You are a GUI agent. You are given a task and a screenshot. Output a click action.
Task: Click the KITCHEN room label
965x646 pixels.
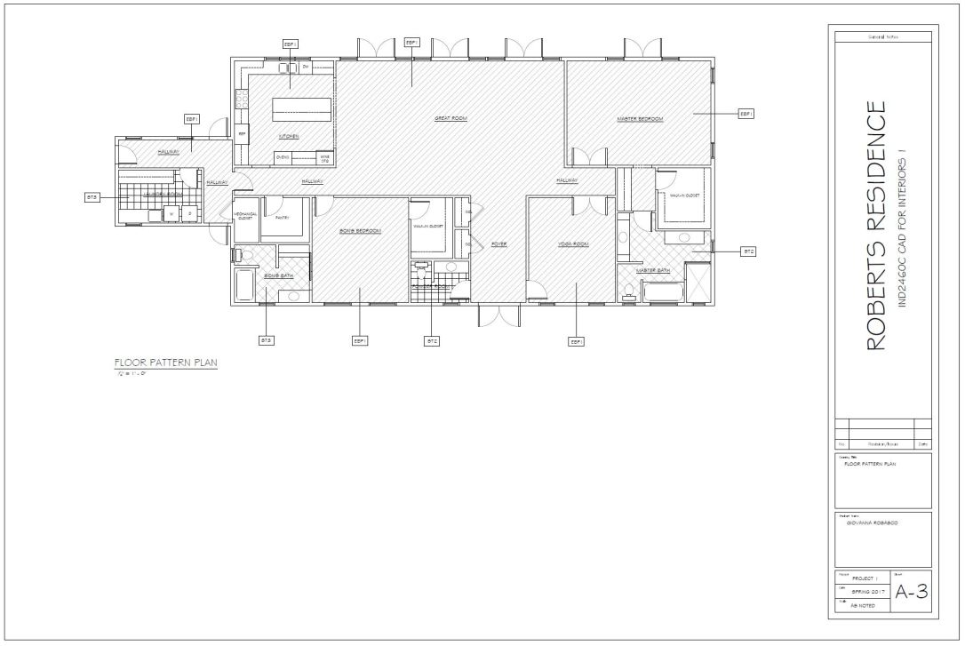coord(289,137)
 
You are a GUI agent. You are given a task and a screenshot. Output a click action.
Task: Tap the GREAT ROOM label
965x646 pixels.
coord(451,118)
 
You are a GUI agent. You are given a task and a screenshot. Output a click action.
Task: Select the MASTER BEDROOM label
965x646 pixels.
coord(640,118)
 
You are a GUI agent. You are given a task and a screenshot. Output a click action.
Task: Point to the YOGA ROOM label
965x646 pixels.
coord(573,243)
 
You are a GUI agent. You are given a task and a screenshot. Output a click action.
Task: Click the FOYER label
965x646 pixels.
coord(498,243)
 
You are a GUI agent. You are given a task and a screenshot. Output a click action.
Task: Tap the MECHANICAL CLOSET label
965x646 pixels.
coord(243,216)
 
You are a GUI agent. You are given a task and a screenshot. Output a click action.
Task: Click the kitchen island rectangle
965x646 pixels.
coord(301,109)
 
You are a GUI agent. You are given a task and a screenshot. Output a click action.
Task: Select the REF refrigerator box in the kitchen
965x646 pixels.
coord(241,135)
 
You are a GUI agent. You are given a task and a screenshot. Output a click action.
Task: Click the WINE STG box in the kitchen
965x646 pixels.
coord(325,159)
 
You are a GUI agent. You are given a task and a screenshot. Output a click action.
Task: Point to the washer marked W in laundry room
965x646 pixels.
coord(171,213)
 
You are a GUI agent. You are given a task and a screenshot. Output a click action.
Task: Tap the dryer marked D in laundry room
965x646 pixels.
coord(188,213)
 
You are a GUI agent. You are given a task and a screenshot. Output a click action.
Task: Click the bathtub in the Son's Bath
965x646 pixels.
coord(243,286)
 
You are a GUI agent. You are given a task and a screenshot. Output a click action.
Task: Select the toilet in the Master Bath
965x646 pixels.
coord(629,289)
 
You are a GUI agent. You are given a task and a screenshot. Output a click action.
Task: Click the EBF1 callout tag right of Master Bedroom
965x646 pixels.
coord(746,114)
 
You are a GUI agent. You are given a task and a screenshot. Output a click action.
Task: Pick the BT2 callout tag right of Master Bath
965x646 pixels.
coord(748,252)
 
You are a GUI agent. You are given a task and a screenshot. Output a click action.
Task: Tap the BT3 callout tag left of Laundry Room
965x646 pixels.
coord(92,197)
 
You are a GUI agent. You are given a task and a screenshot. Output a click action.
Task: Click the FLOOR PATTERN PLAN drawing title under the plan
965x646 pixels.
coord(165,363)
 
